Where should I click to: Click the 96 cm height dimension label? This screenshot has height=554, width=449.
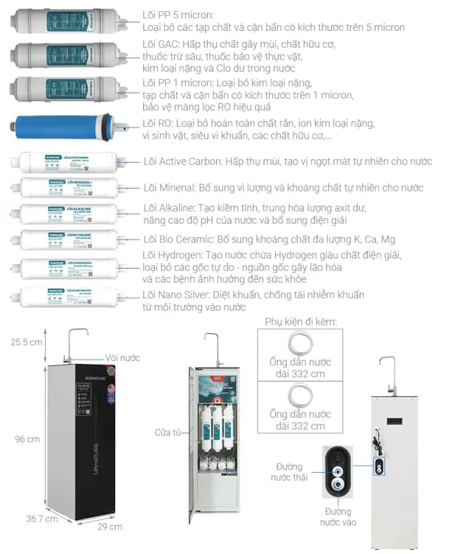(x=27, y=439)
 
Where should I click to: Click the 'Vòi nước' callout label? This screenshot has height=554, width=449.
(x=123, y=358)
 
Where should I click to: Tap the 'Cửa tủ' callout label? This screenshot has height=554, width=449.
(x=168, y=432)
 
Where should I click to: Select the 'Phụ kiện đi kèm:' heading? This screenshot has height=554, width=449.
(x=301, y=321)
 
